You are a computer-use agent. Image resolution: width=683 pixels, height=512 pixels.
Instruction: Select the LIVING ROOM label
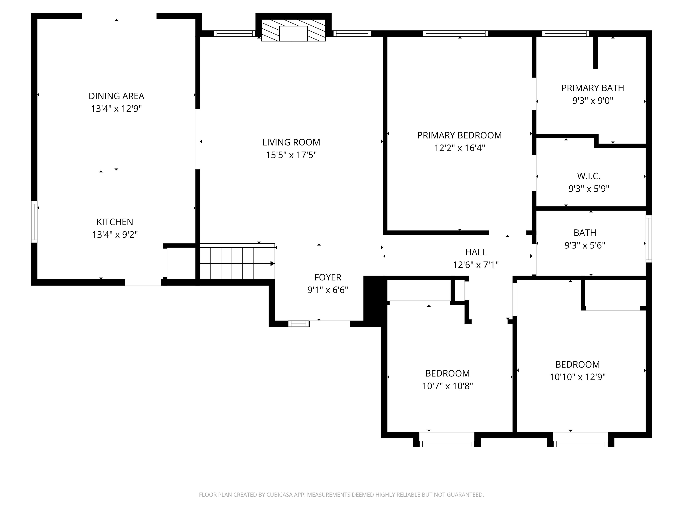(x=291, y=142)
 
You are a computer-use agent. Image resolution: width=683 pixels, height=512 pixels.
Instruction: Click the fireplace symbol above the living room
(x=293, y=30)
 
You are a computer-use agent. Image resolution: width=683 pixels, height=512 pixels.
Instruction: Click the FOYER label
(x=328, y=277)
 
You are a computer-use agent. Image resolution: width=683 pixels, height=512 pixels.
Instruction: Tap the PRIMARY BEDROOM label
(x=460, y=135)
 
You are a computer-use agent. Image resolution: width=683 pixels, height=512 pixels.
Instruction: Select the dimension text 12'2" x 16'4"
(x=460, y=148)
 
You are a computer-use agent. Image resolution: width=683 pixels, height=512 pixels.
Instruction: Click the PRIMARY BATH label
(x=593, y=88)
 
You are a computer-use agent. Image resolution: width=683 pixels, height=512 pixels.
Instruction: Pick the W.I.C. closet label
(x=589, y=176)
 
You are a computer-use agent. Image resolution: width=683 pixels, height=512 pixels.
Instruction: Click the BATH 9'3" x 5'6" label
(x=585, y=239)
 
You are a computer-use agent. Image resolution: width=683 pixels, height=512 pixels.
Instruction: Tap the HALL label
(x=476, y=252)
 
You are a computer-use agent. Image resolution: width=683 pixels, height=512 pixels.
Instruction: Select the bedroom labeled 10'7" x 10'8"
(x=447, y=380)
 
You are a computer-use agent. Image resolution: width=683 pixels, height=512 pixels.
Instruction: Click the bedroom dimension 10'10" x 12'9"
(x=577, y=377)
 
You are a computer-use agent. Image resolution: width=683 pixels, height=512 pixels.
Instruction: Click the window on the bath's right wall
(x=649, y=239)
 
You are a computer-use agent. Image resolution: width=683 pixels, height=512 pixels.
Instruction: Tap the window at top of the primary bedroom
(x=455, y=33)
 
